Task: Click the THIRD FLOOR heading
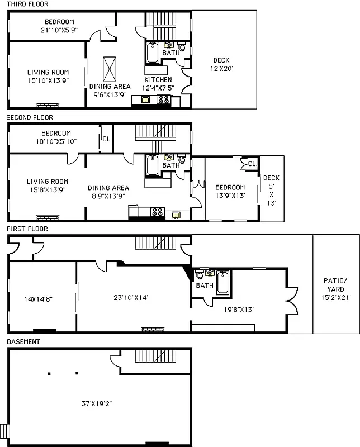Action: (27, 4)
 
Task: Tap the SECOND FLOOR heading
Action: (30, 117)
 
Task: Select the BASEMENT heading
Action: (23, 341)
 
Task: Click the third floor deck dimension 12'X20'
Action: (221, 68)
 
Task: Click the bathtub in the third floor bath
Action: (153, 53)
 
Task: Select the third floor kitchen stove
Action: (164, 99)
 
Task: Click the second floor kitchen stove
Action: (158, 212)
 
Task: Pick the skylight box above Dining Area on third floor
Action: (110, 69)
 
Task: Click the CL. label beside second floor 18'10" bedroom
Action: (106, 139)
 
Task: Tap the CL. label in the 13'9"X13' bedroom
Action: (252, 164)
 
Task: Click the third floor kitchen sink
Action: (145, 99)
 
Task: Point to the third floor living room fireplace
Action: (48, 105)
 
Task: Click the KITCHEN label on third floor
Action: (158, 80)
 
